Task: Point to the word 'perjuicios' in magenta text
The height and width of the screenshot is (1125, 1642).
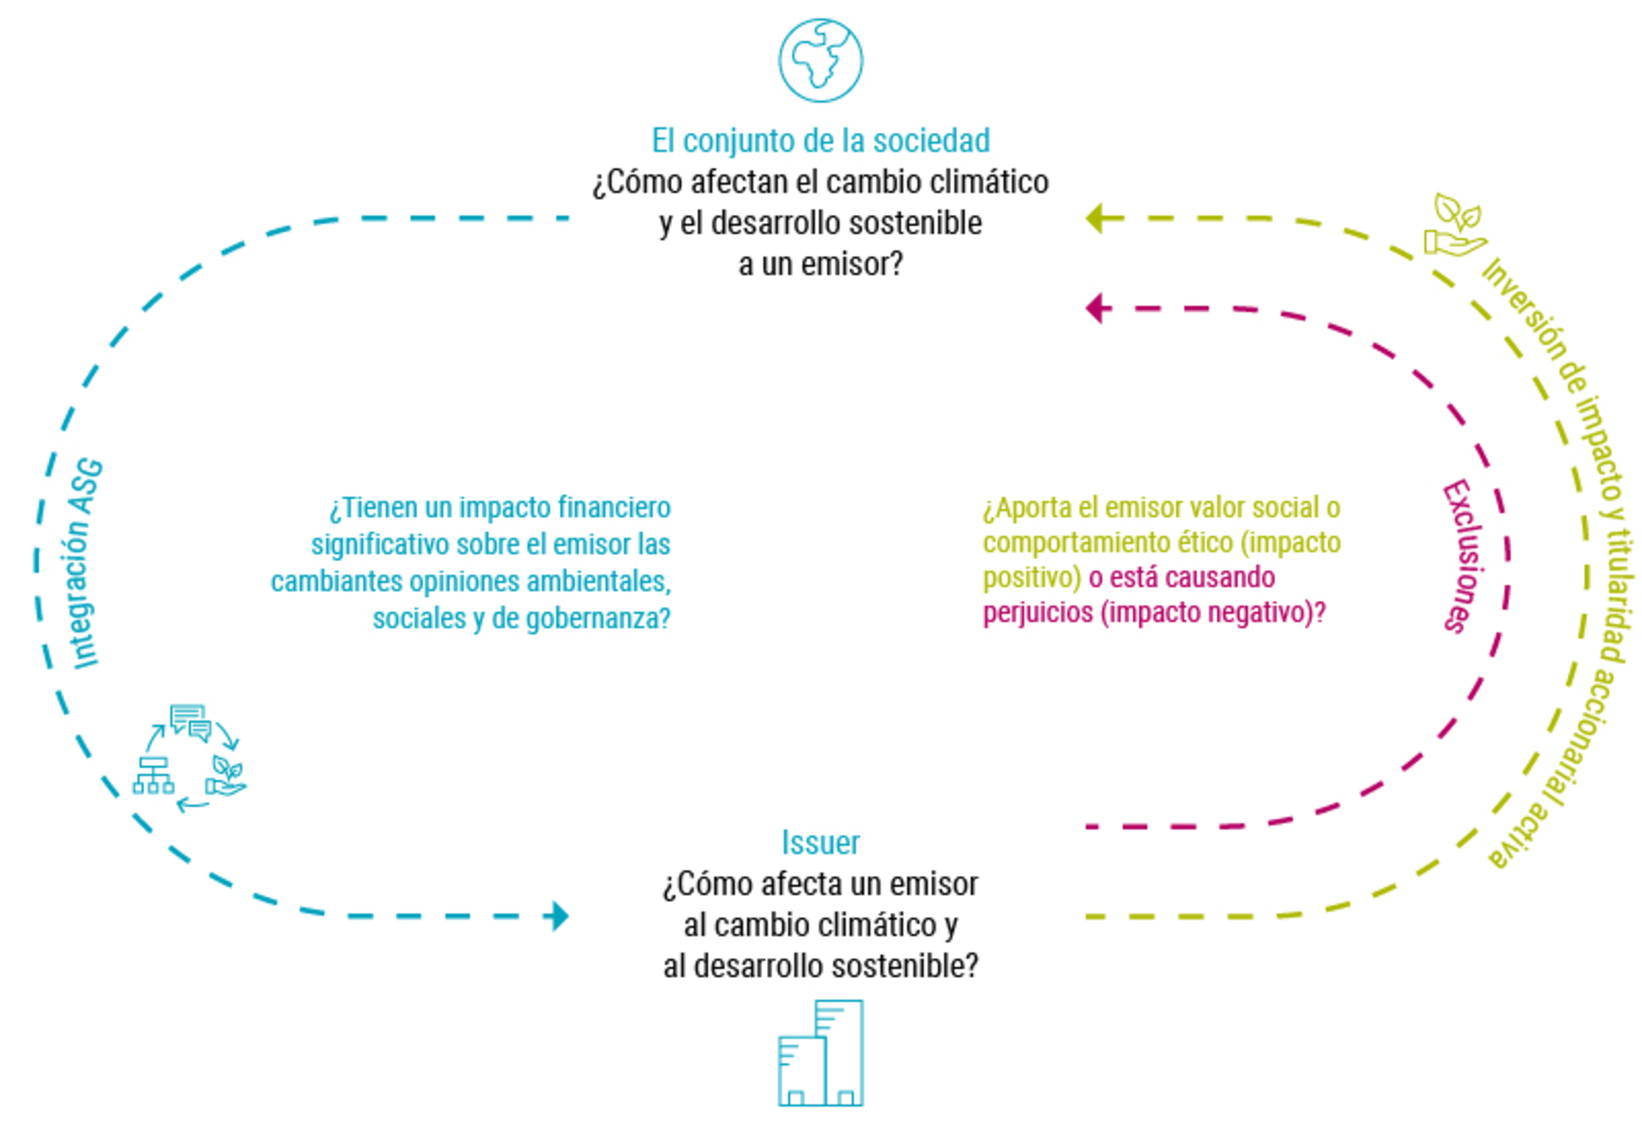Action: (x=1037, y=612)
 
